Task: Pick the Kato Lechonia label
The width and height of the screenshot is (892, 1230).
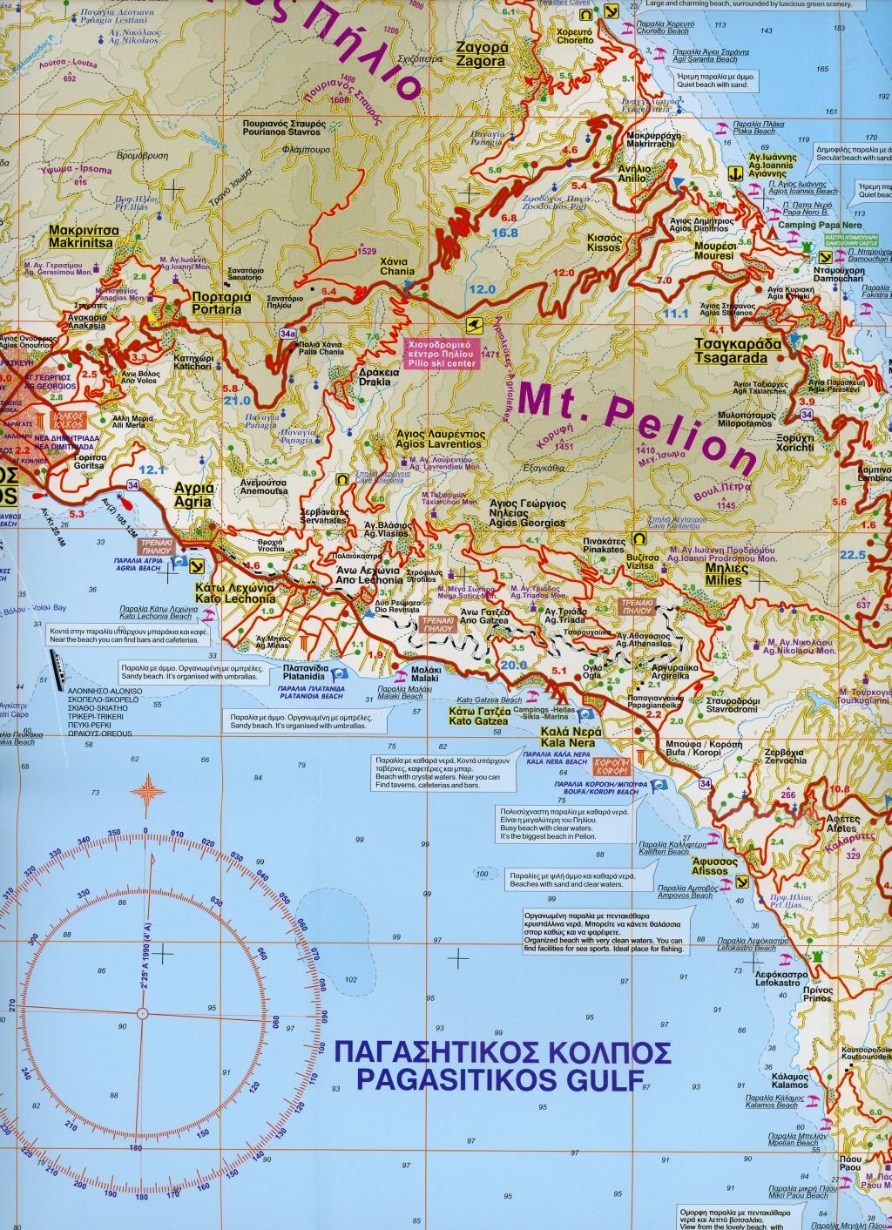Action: tap(236, 593)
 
